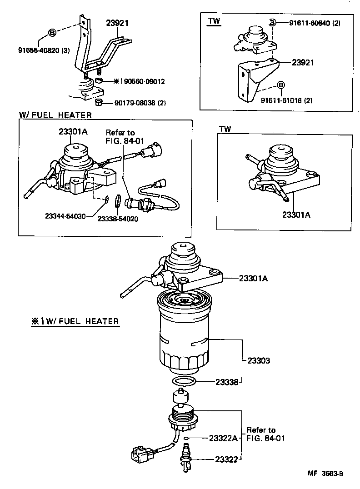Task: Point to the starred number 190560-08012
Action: tap(135, 82)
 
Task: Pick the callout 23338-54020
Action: tap(118, 219)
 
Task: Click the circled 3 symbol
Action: tap(272, 23)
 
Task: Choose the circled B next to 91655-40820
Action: tap(52, 33)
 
